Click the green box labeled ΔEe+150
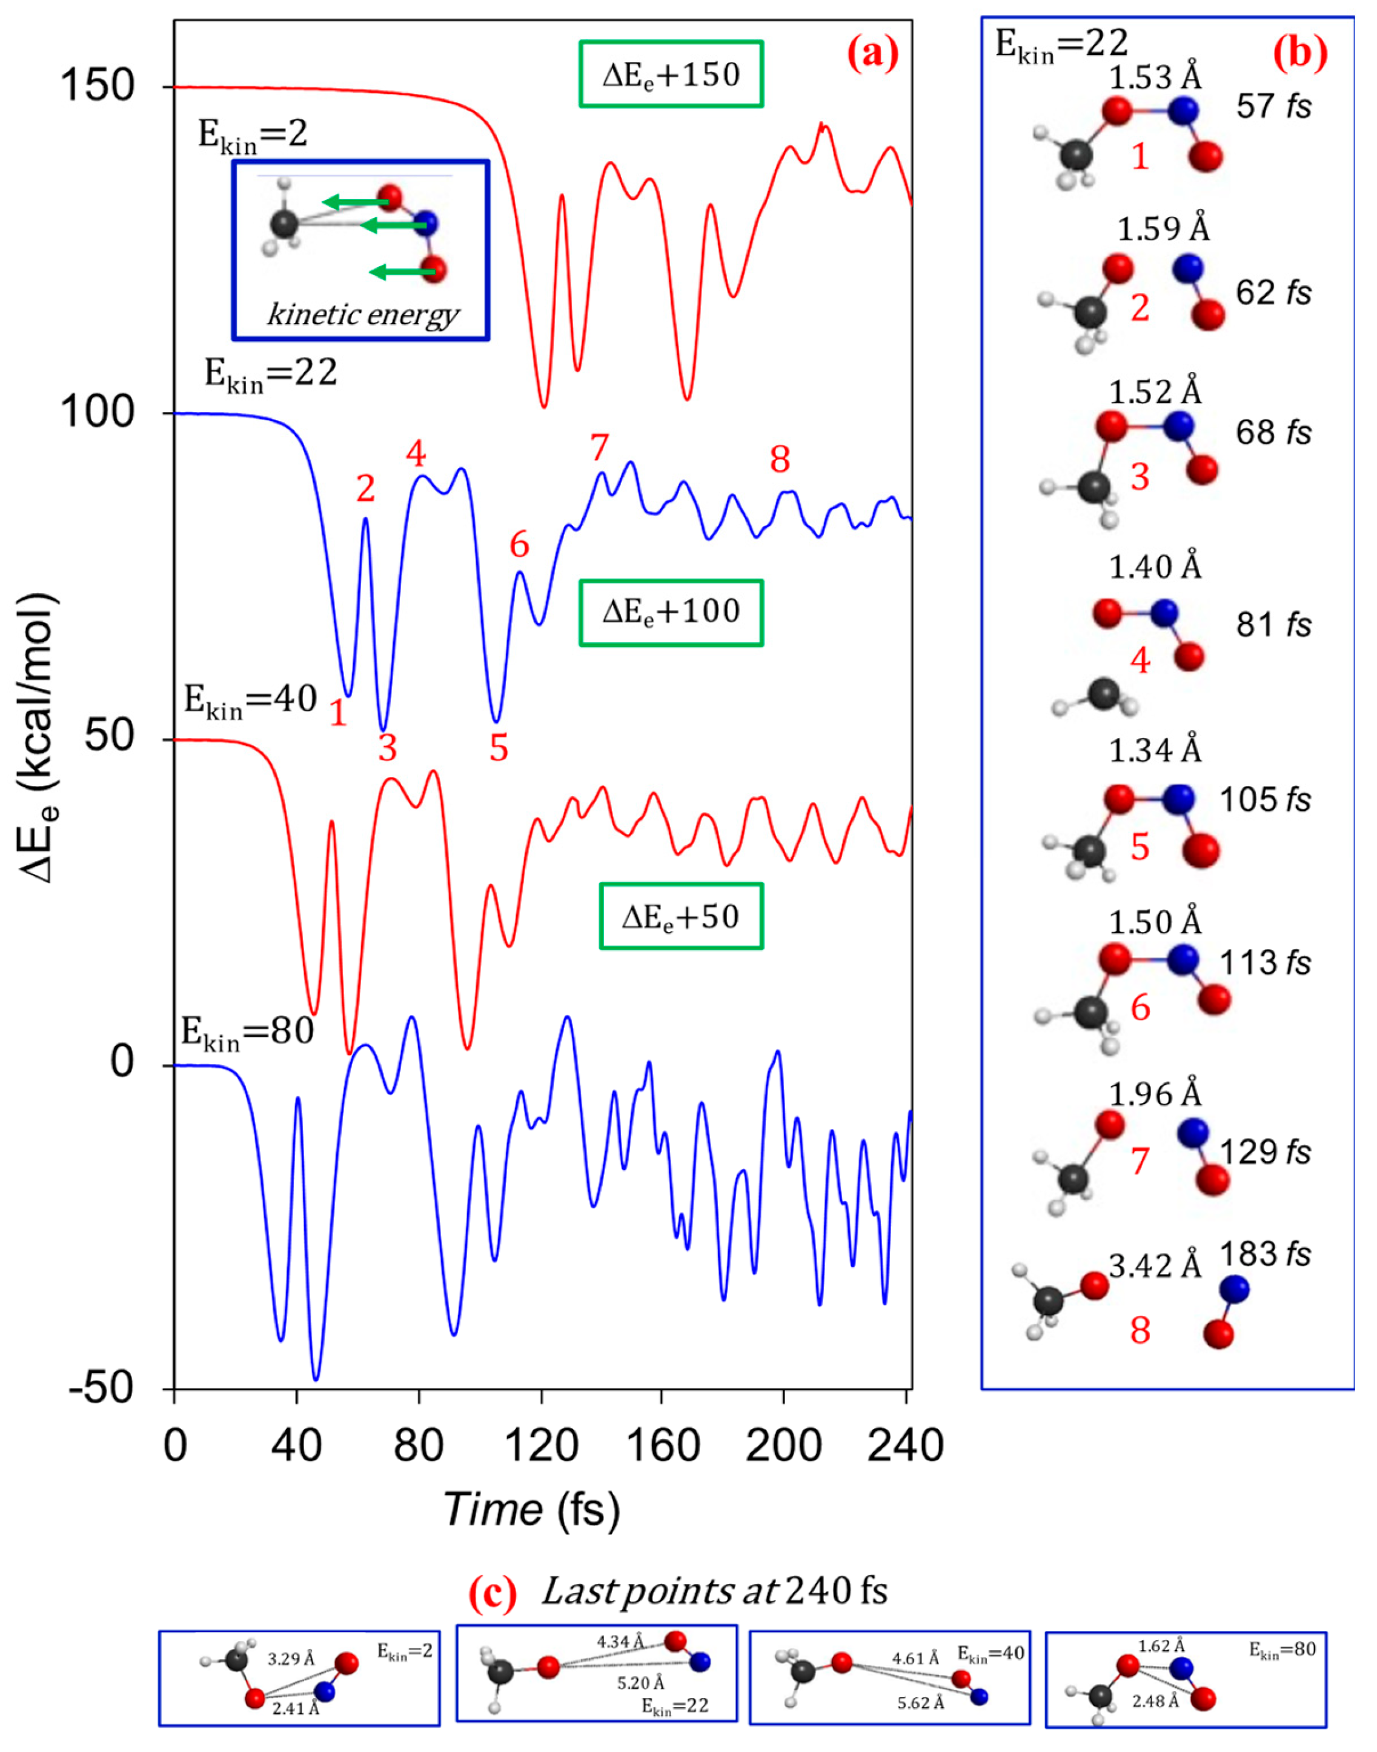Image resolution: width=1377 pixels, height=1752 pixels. tap(671, 74)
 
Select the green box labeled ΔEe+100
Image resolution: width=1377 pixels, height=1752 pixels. tap(671, 612)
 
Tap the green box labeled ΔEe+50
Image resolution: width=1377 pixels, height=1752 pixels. tap(682, 917)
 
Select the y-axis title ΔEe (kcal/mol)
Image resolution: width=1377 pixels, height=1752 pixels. tap(39, 738)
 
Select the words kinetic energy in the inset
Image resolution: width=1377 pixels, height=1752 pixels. tap(363, 315)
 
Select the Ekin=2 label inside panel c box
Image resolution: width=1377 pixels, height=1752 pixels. tap(405, 1651)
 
